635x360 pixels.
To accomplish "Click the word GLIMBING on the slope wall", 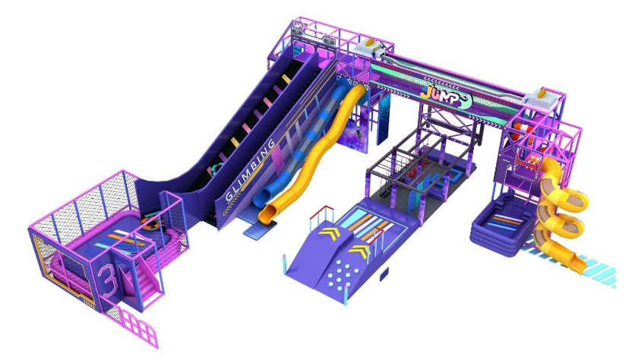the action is [250, 169].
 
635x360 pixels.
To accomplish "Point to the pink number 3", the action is [108, 280].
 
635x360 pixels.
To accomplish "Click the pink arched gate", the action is [139, 328].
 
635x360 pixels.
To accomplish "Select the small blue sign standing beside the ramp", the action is [384, 273].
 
